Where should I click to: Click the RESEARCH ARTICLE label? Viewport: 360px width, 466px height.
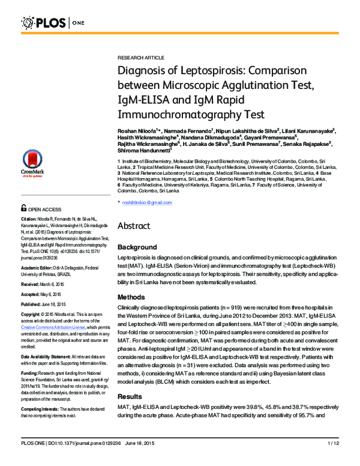point(140,57)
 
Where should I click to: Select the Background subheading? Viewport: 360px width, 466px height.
point(137,247)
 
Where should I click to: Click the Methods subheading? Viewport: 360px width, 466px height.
point(131,297)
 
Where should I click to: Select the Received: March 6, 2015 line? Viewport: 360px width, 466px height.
point(42,283)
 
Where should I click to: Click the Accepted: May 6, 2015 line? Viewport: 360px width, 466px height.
point(41,294)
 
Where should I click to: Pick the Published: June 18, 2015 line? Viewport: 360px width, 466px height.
point(43,304)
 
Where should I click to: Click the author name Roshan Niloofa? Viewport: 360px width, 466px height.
point(136,131)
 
